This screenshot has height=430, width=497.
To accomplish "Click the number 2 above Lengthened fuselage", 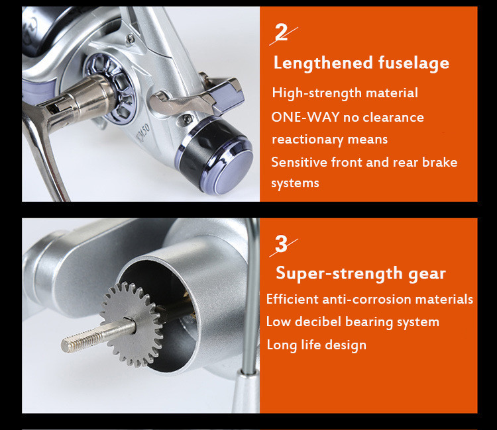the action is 282,32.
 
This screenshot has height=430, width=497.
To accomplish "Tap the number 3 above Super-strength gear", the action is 281,243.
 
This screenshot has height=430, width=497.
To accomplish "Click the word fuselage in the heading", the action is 414,63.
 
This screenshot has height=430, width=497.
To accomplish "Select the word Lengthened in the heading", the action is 323,62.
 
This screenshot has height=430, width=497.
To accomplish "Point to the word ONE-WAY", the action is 305,117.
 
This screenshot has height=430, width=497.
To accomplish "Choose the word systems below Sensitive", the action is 295,183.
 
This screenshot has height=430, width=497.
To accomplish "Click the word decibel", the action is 318,322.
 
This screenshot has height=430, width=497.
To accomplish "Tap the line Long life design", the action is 316,345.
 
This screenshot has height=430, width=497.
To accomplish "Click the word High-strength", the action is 317,93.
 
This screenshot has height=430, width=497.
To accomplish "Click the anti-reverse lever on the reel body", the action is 197,97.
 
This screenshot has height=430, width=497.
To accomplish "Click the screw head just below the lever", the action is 188,119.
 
